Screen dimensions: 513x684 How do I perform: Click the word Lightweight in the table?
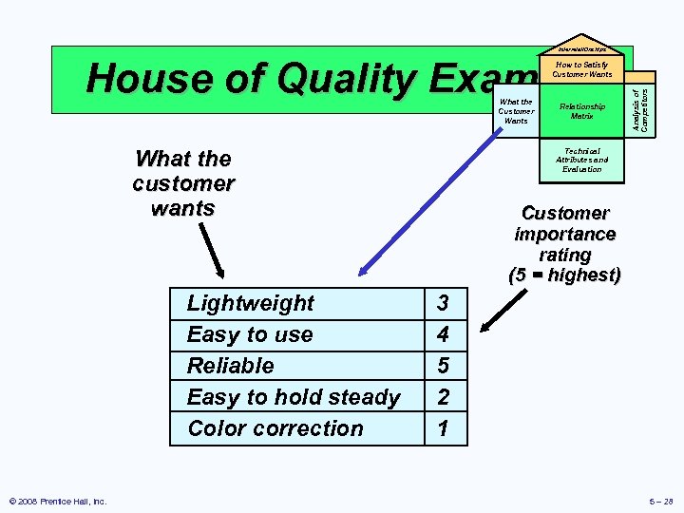[x=250, y=303]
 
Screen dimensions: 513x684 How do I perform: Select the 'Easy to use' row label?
[x=249, y=334]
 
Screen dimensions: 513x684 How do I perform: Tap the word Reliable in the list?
[x=230, y=366]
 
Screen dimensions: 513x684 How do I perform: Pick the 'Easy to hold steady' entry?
[x=294, y=397]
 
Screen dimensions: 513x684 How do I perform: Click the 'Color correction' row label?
[x=275, y=428]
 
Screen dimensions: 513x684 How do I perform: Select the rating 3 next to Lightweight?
[x=443, y=303]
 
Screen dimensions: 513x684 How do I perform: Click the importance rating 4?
[x=443, y=334]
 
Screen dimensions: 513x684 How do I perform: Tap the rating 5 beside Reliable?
[x=443, y=366]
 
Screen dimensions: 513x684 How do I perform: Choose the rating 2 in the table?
[x=443, y=397]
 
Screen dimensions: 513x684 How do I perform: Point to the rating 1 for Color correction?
[x=443, y=428]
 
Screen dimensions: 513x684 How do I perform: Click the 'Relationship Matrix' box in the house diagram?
[x=581, y=111]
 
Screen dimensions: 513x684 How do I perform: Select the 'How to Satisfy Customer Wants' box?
[x=581, y=69]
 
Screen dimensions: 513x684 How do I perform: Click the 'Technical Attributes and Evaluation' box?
[x=581, y=160]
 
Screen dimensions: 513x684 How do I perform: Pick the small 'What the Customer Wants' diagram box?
[x=516, y=111]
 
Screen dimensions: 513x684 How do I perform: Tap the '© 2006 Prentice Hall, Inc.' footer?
[x=57, y=501]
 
